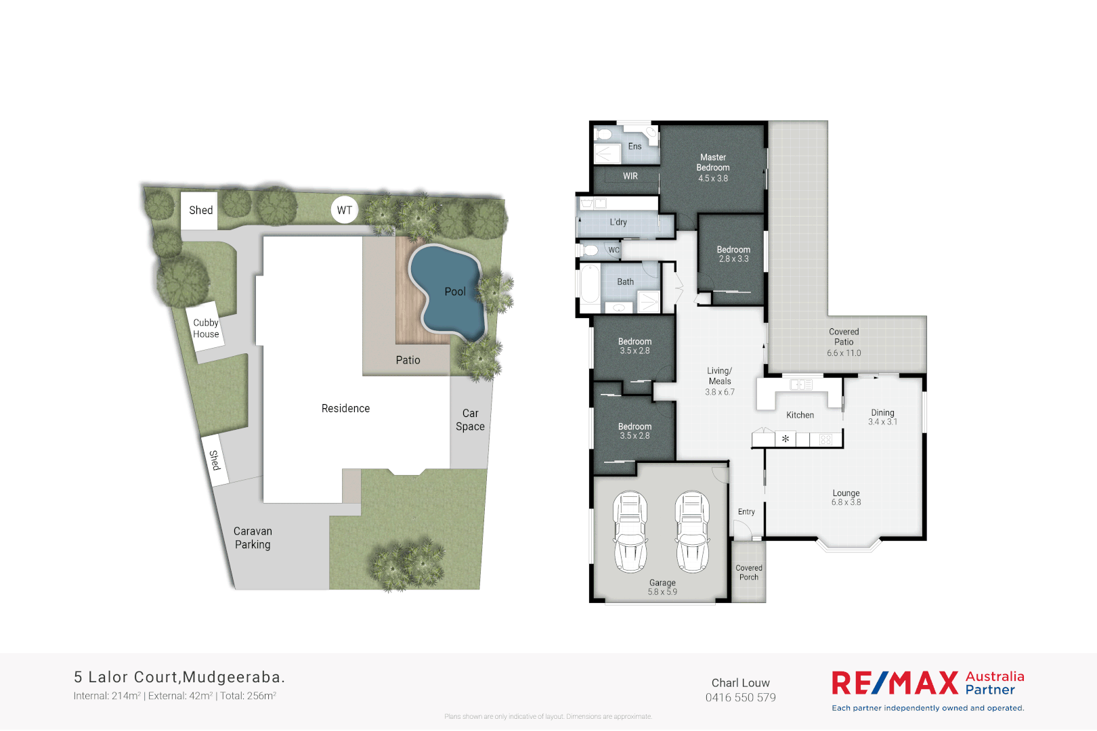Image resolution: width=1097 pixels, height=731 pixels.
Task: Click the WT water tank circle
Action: (x=344, y=210)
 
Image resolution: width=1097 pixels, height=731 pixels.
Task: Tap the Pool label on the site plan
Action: (x=455, y=292)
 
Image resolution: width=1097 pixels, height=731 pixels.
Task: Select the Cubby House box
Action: (x=206, y=328)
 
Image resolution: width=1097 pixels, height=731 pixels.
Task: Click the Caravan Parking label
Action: (x=253, y=538)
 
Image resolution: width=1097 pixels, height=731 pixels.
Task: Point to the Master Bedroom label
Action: (x=713, y=162)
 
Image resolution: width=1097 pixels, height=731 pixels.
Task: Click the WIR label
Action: (x=630, y=176)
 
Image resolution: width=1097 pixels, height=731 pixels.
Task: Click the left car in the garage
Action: (x=630, y=531)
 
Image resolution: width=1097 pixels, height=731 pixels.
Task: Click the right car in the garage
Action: (x=691, y=531)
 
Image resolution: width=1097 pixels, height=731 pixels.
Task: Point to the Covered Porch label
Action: (x=749, y=573)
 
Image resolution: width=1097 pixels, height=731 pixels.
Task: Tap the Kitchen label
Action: (x=800, y=415)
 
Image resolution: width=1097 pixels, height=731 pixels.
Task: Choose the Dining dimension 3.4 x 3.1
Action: (x=882, y=422)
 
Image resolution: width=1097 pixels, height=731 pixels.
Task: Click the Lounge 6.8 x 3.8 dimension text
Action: (x=846, y=502)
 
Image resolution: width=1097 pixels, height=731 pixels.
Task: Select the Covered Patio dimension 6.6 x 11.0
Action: (x=844, y=353)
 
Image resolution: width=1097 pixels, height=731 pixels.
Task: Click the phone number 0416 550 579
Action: (x=740, y=698)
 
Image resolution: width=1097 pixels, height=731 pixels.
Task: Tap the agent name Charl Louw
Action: (x=740, y=683)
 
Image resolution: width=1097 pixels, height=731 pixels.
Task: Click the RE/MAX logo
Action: (x=895, y=683)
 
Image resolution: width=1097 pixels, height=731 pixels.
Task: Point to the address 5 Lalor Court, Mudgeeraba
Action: (x=179, y=677)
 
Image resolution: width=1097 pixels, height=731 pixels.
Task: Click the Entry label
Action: (x=746, y=512)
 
